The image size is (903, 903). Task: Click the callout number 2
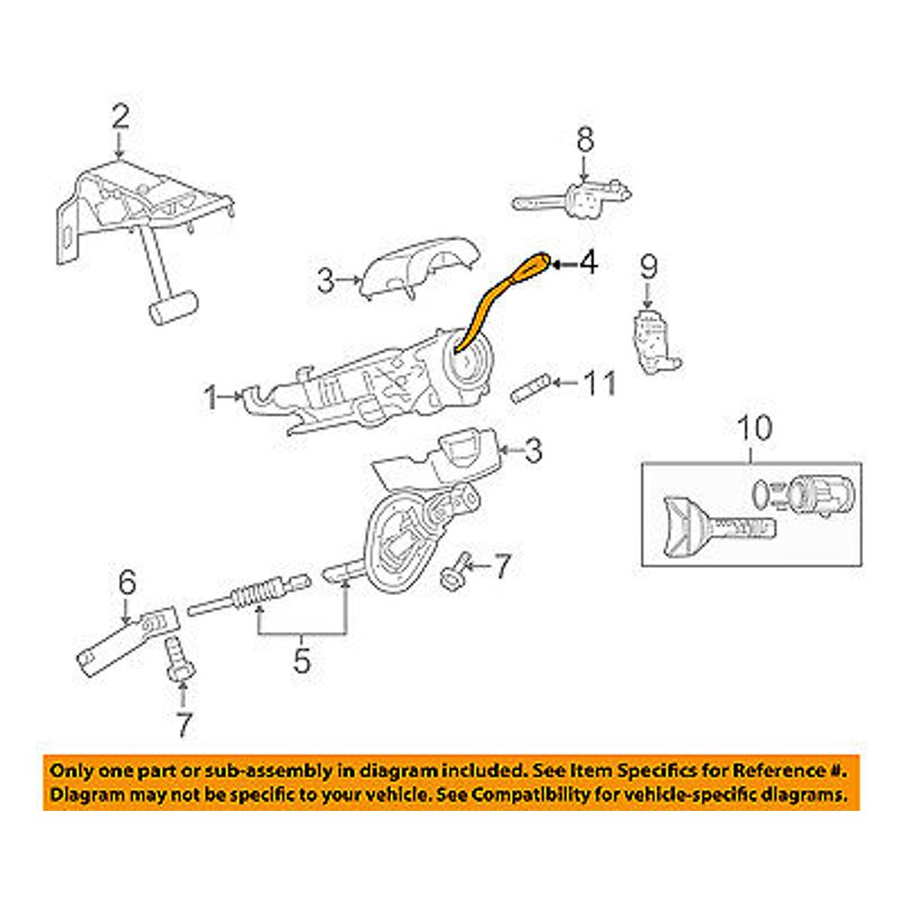click(x=120, y=117)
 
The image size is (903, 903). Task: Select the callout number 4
click(x=587, y=264)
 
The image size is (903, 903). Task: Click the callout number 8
click(x=585, y=140)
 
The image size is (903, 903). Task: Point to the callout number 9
click(x=648, y=267)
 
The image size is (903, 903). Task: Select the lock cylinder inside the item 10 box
click(x=816, y=493)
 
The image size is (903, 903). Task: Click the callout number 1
click(x=210, y=396)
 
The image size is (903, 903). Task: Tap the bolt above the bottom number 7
click(x=177, y=658)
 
